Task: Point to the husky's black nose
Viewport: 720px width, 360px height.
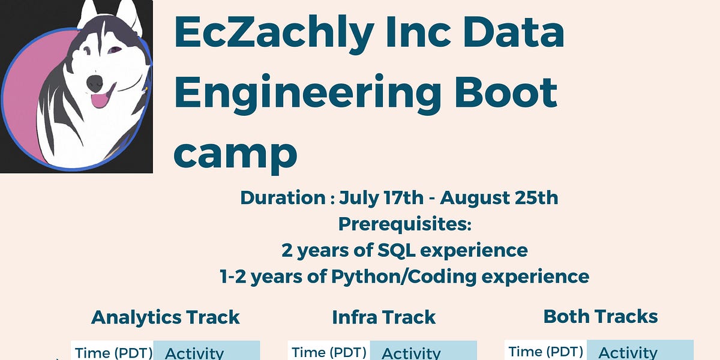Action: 95,83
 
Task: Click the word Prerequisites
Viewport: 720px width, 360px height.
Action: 405,224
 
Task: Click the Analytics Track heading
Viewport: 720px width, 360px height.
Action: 165,317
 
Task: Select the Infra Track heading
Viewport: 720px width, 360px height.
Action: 383,317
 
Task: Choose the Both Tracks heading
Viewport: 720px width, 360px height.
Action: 600,316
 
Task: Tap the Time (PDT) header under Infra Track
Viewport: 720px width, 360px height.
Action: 329,352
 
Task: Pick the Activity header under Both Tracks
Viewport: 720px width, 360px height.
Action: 628,353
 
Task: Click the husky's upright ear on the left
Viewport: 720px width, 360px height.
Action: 88,14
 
